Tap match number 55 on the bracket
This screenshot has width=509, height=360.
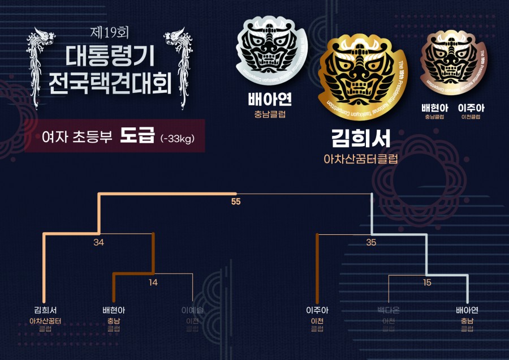pos(236,201)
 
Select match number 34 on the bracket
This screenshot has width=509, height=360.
pos(99,242)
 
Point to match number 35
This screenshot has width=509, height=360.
pos(371,242)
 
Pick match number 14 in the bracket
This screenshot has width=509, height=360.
pos(153,282)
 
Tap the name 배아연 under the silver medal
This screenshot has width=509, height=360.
pos(270,100)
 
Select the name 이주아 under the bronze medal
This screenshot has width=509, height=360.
pos(471,108)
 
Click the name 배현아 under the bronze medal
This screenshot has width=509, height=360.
pos(434,108)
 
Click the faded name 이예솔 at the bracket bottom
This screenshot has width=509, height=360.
pos(192,310)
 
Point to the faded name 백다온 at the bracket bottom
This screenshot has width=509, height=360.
pos(389,310)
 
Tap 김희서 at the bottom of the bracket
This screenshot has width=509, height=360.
pos(45,310)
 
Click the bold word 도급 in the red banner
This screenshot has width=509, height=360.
pos(137,136)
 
